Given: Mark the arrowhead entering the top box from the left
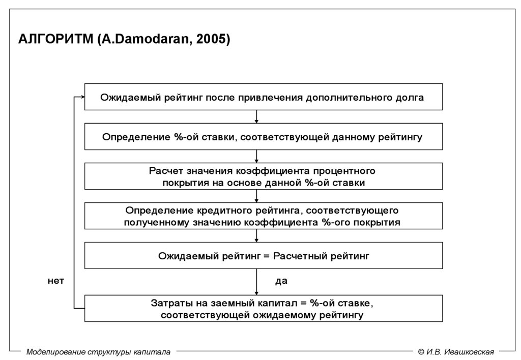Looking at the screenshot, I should point(81,97).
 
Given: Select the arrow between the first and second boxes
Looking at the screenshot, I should point(256,117).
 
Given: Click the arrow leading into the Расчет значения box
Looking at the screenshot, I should point(256,157).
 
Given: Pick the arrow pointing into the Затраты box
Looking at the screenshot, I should point(256,285).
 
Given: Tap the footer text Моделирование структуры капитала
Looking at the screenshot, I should point(99,351).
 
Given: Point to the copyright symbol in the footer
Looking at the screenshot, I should point(421,351).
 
